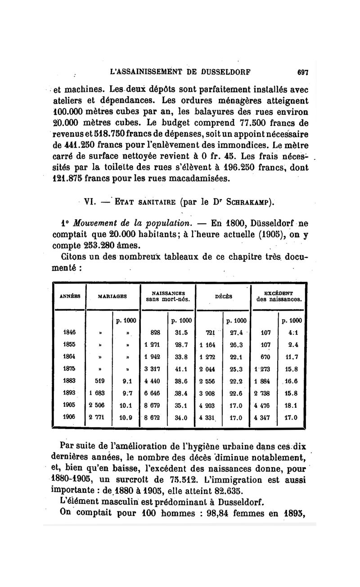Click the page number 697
302,71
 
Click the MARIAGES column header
112,296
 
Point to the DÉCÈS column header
223,296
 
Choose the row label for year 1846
69,333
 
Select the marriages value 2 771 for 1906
97,417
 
